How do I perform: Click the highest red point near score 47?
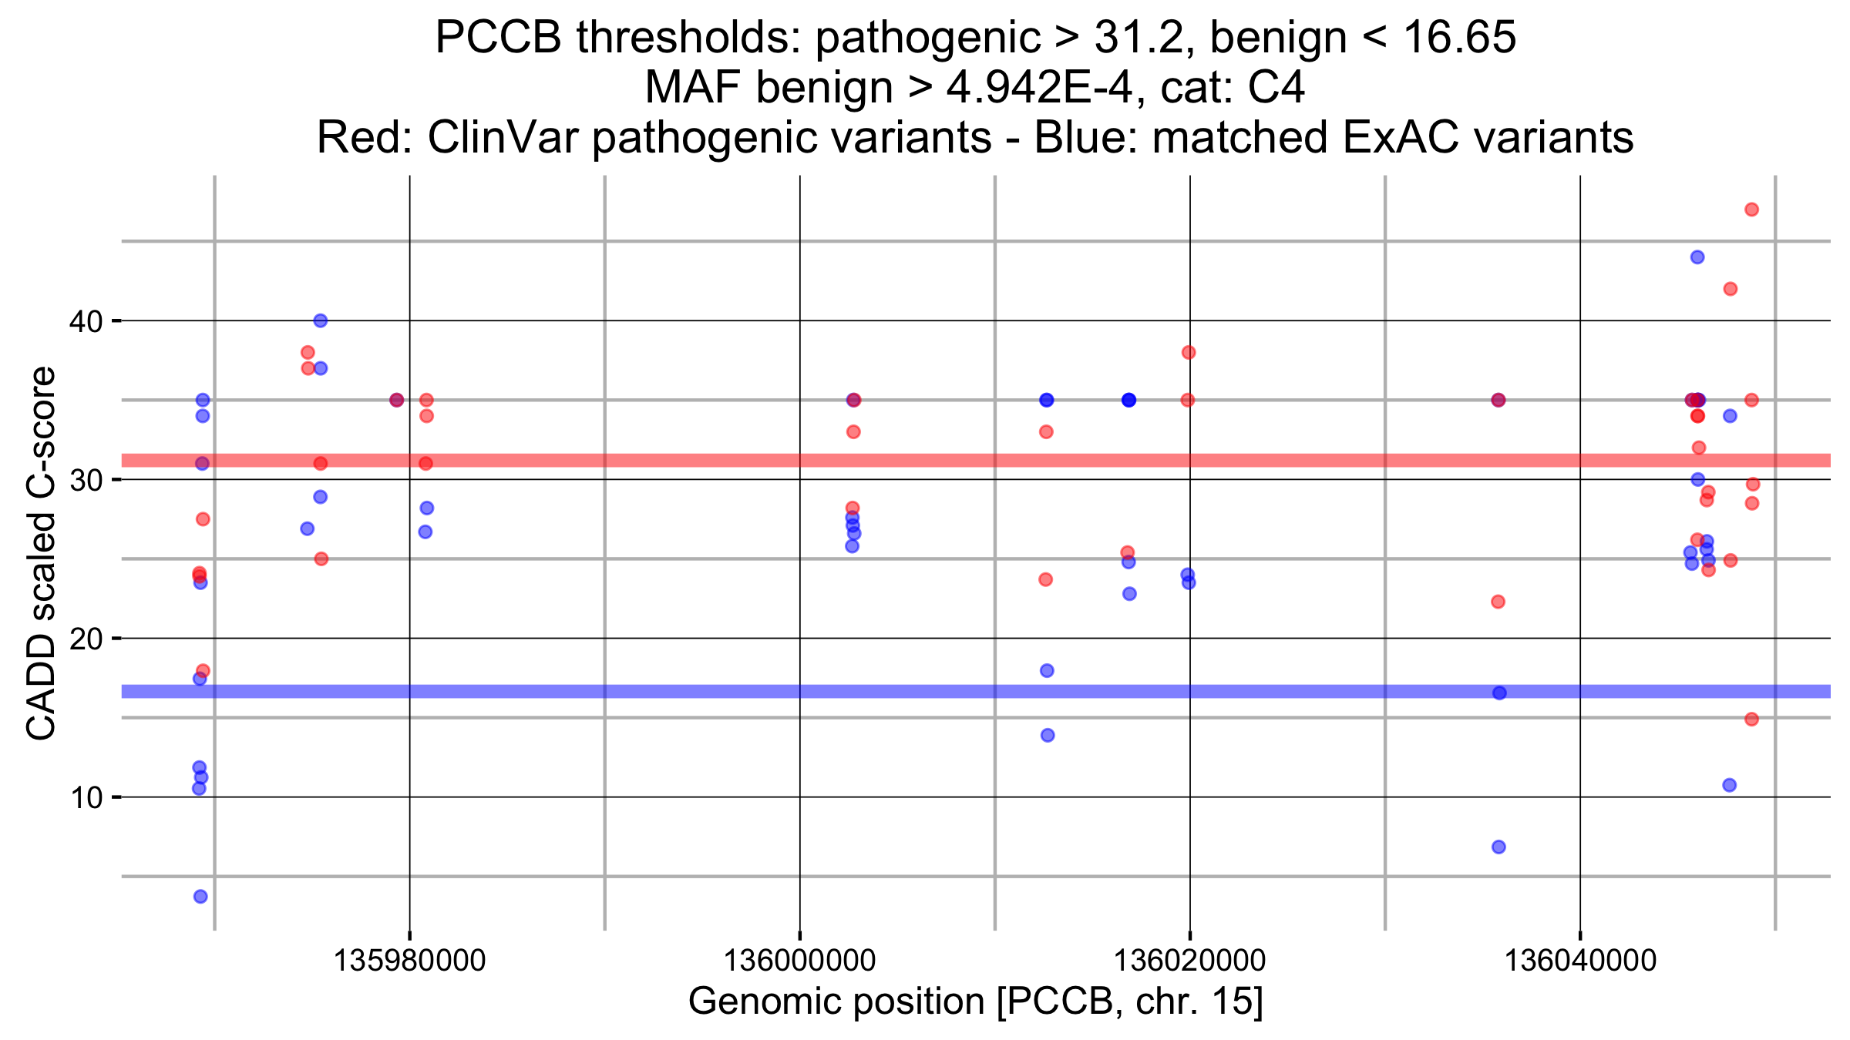tap(1751, 210)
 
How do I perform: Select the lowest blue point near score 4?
tap(200, 896)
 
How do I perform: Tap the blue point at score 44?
tap(1697, 257)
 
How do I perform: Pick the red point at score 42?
tap(1730, 289)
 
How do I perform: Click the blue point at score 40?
tap(321, 320)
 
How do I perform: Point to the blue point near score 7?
tap(1498, 847)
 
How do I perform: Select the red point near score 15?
tap(1751, 719)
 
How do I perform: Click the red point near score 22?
tap(1498, 602)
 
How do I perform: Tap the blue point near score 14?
tap(1048, 735)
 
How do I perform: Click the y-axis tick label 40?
tap(86, 321)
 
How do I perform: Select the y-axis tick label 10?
tap(86, 797)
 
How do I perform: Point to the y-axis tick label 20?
tap(86, 639)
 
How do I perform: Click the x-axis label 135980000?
tap(409, 960)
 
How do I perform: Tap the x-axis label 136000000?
tap(799, 960)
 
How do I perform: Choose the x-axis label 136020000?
tap(1189, 960)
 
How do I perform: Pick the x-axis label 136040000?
tap(1580, 960)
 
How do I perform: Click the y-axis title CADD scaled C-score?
tap(42, 552)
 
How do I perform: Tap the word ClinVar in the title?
tap(506, 138)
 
